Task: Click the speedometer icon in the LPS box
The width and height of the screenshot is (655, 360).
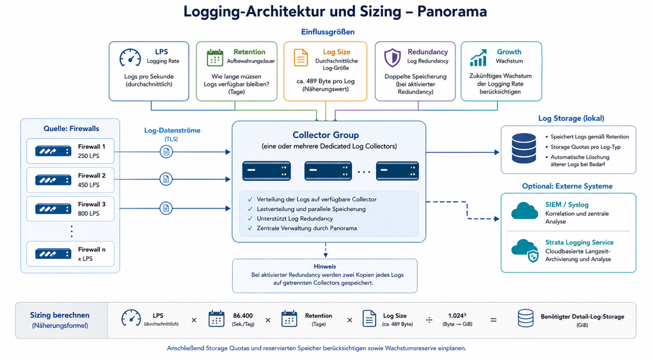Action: point(130,58)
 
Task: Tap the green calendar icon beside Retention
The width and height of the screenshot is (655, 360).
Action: point(215,58)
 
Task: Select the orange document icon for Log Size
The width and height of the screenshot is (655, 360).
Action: point(301,58)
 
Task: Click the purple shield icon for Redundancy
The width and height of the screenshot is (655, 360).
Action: point(392,58)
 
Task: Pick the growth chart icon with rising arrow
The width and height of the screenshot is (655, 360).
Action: point(478,58)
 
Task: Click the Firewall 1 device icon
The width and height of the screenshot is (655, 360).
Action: point(53,151)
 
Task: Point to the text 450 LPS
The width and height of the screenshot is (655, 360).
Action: point(88,185)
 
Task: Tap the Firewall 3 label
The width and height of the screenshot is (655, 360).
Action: point(92,204)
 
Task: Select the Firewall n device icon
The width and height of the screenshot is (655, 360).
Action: point(53,253)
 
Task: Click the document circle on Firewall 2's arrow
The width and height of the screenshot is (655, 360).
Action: point(166,179)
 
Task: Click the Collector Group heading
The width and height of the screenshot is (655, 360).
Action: point(326,135)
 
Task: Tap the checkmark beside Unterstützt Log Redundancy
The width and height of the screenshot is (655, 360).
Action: point(250,219)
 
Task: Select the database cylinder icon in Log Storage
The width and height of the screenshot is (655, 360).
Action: point(524,148)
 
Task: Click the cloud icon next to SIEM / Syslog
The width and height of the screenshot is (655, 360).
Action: point(525,210)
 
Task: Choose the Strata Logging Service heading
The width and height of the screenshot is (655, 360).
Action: point(580,242)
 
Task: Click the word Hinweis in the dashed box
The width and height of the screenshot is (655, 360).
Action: point(325,267)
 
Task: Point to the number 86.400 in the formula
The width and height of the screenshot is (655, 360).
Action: point(242,316)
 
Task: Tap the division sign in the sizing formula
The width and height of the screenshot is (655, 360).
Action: point(429,320)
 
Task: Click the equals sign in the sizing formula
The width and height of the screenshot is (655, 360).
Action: point(493,320)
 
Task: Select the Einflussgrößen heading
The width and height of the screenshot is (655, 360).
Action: point(328,32)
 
